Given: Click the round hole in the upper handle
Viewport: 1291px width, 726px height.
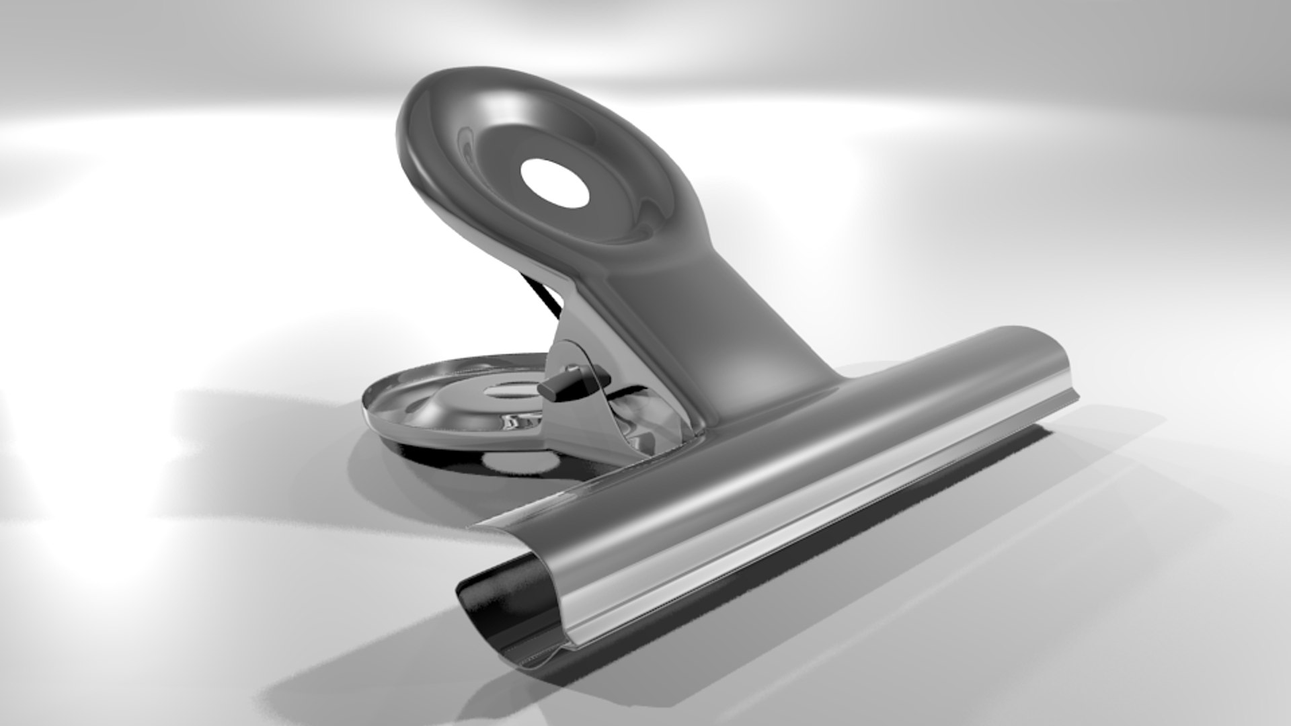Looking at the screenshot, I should coord(555,182).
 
